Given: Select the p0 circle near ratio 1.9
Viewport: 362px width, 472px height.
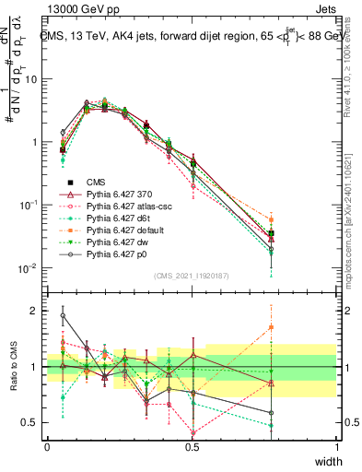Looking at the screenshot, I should (x=63, y=315).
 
